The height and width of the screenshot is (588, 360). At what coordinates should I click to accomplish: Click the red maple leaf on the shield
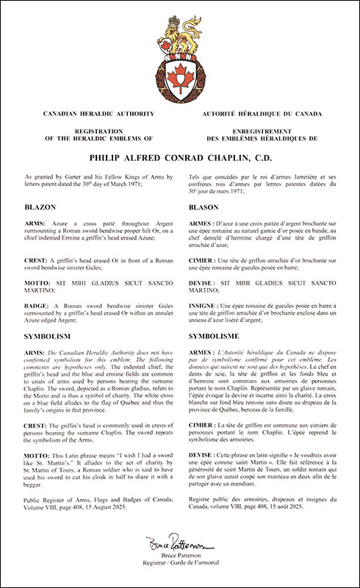(x=180, y=75)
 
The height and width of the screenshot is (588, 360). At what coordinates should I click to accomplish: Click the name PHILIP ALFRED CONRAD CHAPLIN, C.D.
(x=180, y=156)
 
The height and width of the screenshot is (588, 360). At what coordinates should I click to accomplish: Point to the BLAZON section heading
(x=41, y=207)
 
